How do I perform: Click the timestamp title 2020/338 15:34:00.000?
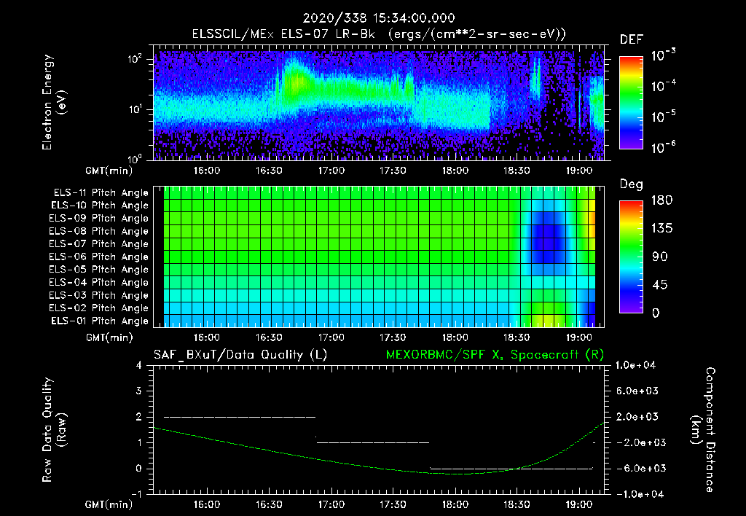(373, 18)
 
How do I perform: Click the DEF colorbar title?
(631, 39)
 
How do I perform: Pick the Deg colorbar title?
(631, 184)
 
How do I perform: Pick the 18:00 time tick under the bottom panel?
(455, 504)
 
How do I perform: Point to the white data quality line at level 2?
(240, 417)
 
